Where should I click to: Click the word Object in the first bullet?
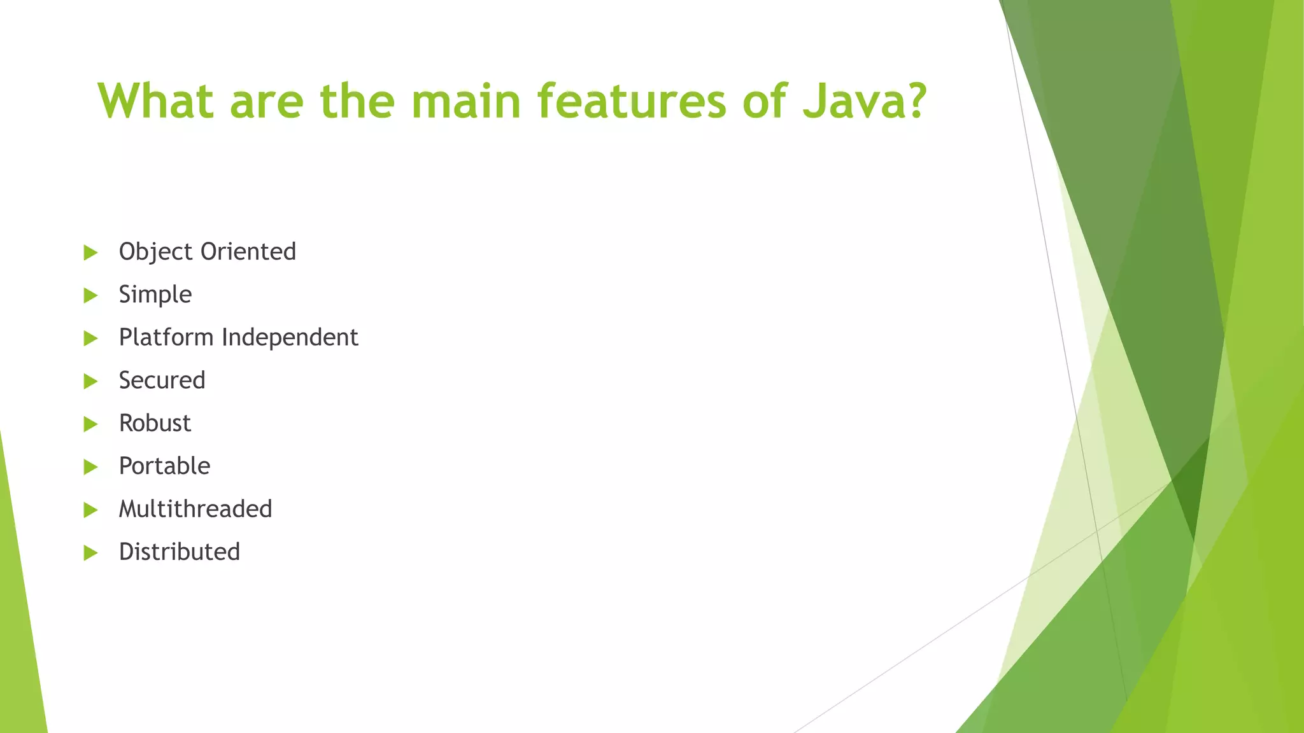click(x=155, y=252)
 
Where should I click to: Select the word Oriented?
click(x=248, y=252)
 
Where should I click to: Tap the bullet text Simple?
click(x=155, y=295)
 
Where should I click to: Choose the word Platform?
click(x=166, y=337)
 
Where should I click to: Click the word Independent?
click(x=290, y=337)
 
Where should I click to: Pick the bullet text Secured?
click(x=162, y=380)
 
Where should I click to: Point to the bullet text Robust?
click(x=155, y=423)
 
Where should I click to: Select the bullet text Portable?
click(x=164, y=466)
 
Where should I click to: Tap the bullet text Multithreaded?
click(x=195, y=509)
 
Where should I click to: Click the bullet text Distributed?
click(x=180, y=552)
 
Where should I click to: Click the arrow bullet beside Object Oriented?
click(x=90, y=253)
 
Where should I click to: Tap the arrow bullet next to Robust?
click(x=90, y=424)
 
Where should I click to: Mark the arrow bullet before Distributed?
click(x=90, y=553)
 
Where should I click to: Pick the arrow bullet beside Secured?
click(x=90, y=381)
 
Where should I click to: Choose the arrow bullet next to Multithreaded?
click(x=90, y=510)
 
